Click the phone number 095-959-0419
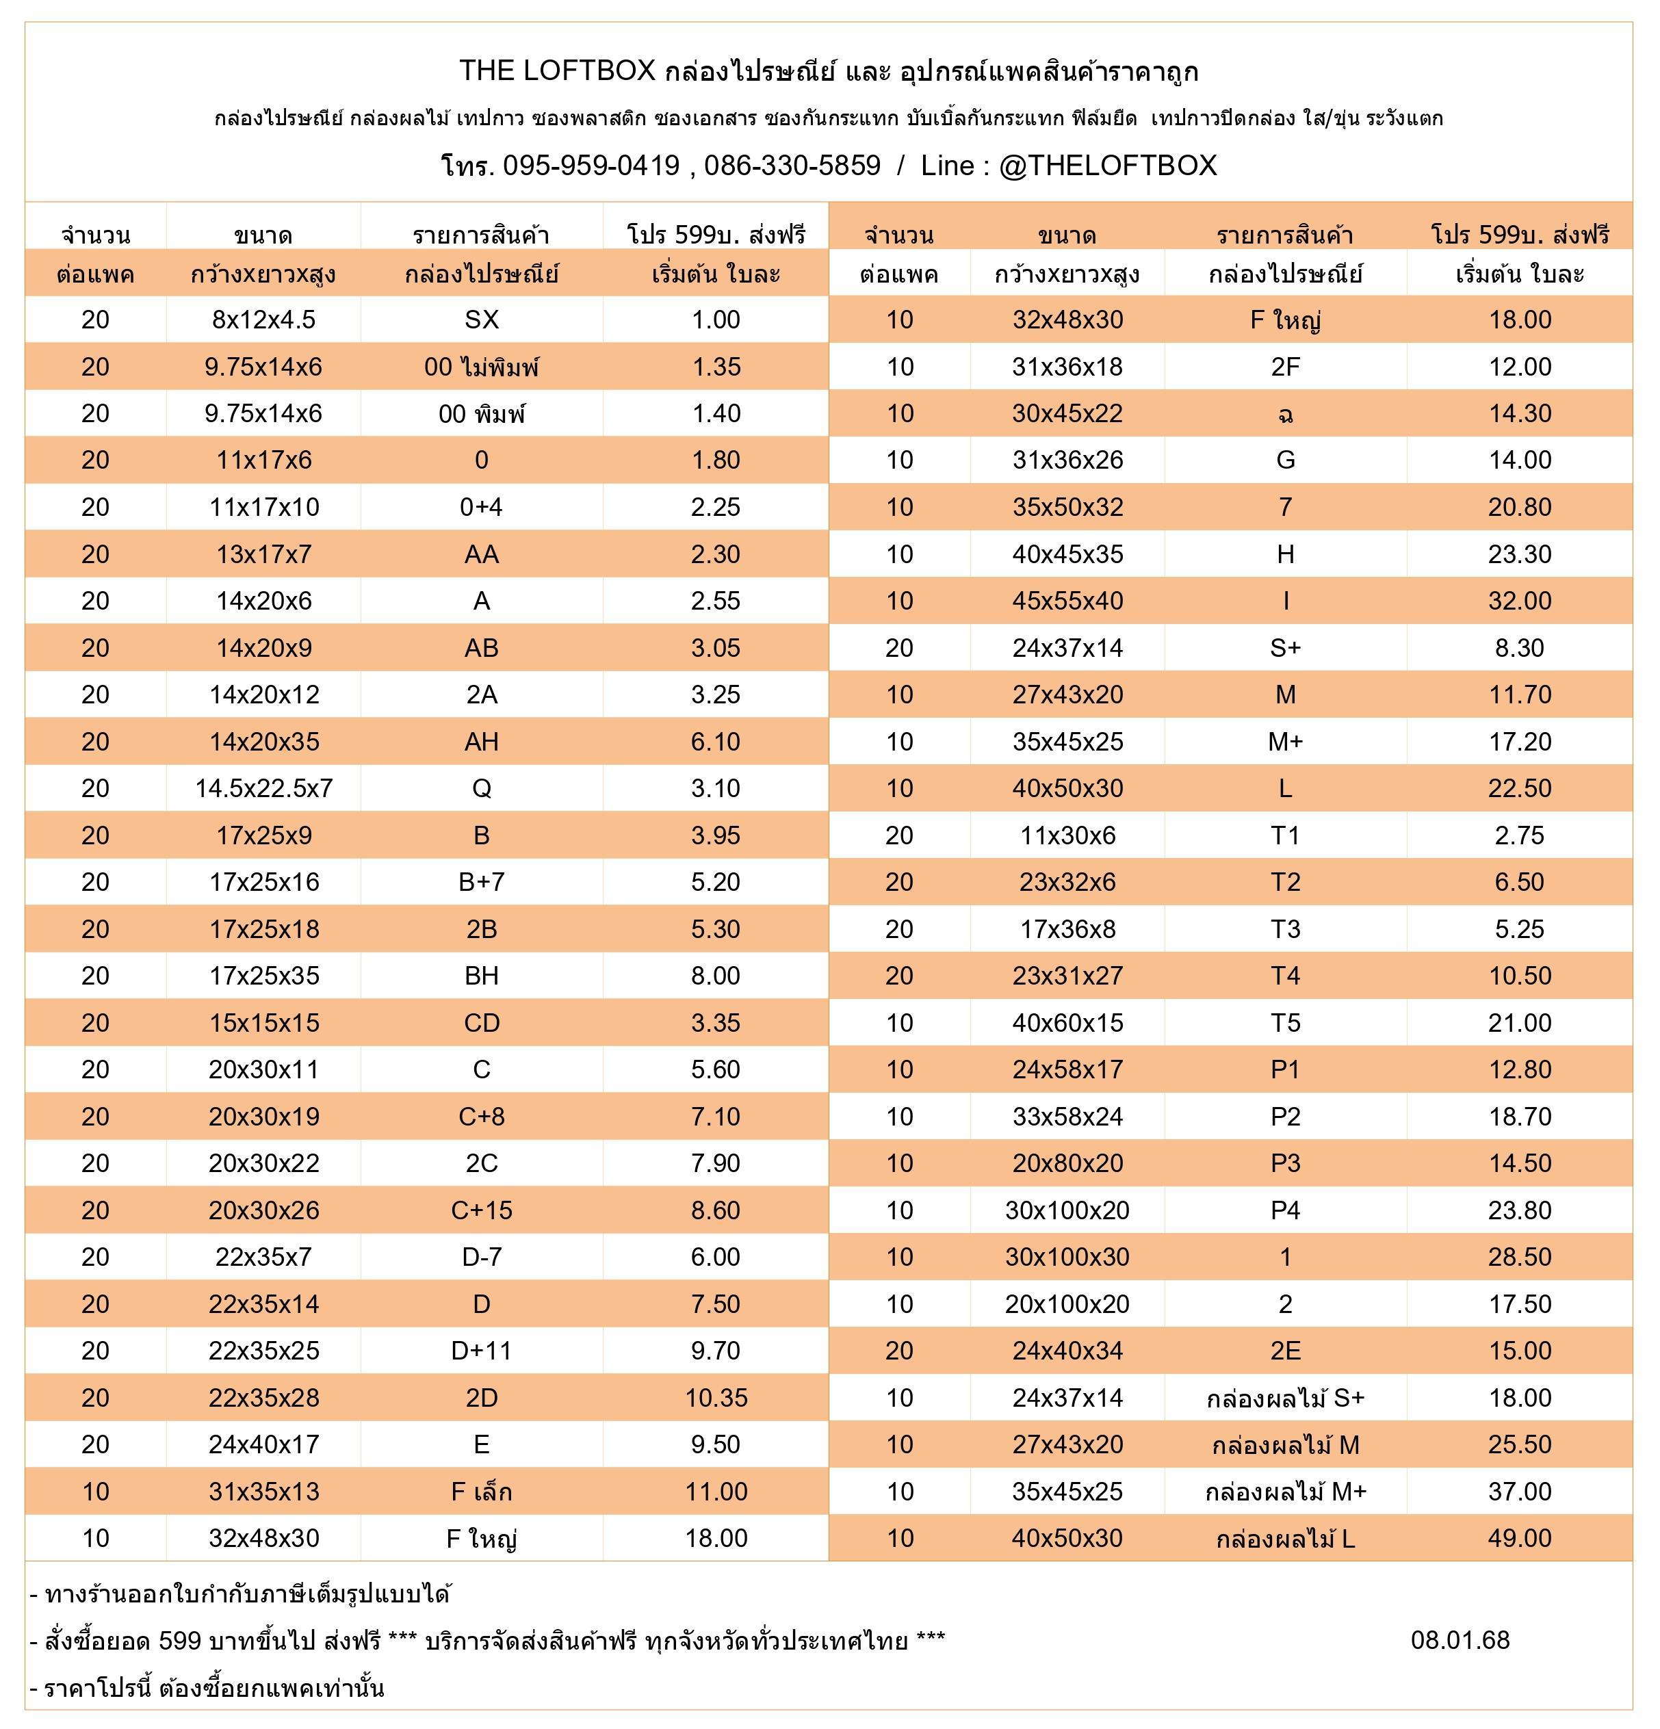click(591, 166)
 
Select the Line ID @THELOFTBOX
click(1107, 166)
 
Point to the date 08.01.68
click(1460, 1640)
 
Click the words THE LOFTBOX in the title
click(558, 70)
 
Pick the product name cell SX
click(482, 320)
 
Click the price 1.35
click(716, 367)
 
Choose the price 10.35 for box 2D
click(716, 1397)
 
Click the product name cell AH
click(482, 742)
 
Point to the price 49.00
click(1520, 1539)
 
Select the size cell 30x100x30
click(1067, 1257)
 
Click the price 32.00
click(1520, 601)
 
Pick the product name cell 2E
click(1285, 1351)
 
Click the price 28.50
click(1520, 1257)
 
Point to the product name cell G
click(1285, 460)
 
